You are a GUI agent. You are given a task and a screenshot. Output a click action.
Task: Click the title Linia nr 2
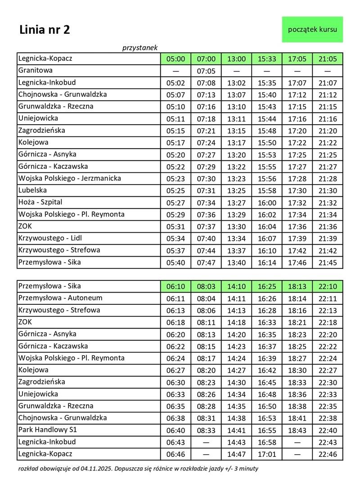pos(45,30)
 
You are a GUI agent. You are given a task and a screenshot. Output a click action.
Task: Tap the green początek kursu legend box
pos(312,29)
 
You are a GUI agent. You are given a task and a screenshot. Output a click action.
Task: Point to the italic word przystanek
pos(139,47)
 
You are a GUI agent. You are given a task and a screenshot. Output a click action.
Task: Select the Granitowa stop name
pos(36,70)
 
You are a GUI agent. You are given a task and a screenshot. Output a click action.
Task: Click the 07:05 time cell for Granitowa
pos(207,71)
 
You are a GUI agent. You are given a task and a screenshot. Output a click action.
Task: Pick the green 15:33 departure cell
pos(267,59)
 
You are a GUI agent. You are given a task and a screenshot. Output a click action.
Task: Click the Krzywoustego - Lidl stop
pos(50,238)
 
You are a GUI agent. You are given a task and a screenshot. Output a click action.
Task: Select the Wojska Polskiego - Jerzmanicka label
pos(69,178)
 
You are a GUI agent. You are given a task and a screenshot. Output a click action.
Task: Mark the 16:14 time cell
pos(267,262)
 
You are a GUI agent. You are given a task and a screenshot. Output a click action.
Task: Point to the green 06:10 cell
pos(175,286)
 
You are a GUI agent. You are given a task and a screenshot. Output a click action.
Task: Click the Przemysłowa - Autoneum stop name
pos(60,298)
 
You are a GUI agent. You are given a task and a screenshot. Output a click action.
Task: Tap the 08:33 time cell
pos(207,430)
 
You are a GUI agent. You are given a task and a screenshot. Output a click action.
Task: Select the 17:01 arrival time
pos(267,454)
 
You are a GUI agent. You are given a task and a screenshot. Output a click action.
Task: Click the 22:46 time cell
pos(327,454)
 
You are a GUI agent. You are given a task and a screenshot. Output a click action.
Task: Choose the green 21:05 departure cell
pos(327,59)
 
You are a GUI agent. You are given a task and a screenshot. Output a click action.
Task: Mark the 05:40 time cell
pos(175,262)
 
